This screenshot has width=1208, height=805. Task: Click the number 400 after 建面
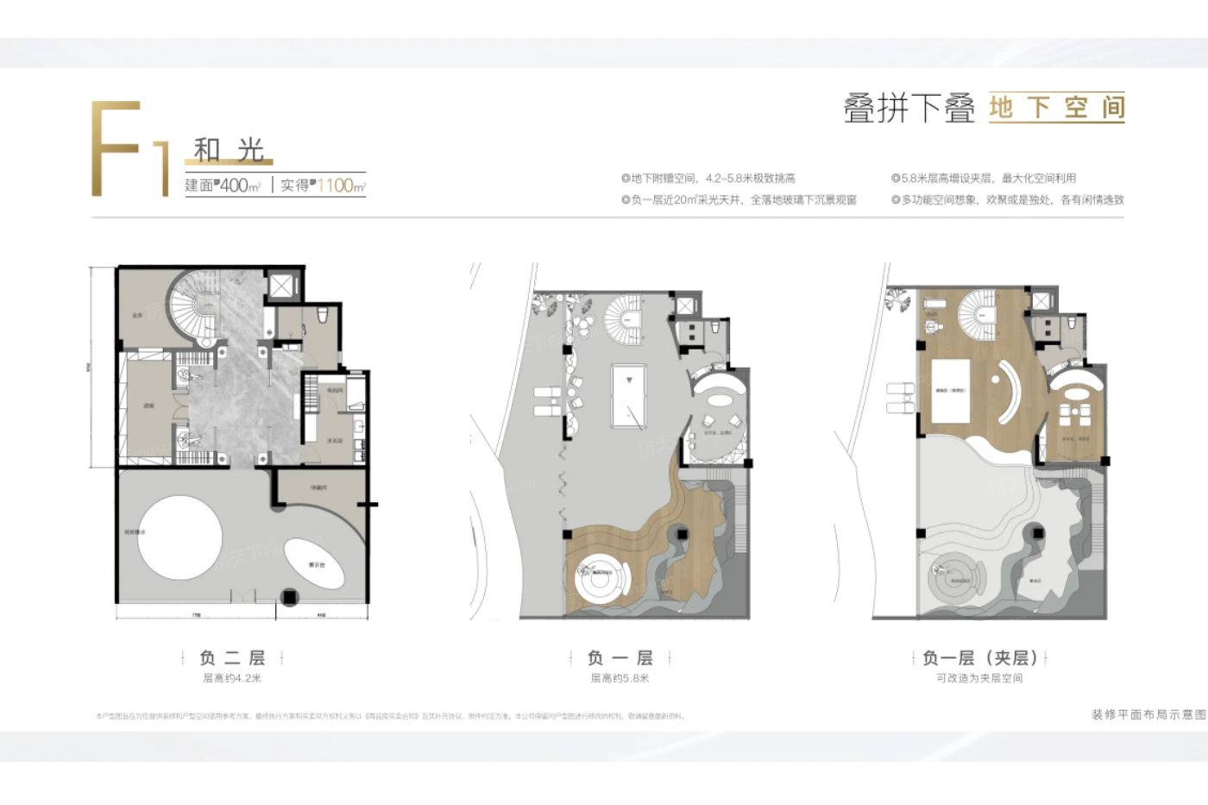(235, 186)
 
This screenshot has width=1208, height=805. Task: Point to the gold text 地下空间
(1056, 108)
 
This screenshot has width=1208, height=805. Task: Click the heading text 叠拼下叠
(909, 109)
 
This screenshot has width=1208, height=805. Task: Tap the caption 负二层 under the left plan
(232, 657)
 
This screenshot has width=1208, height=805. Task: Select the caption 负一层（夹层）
(979, 657)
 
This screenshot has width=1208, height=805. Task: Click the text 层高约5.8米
(620, 678)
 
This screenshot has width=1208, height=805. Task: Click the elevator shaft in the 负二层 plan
(281, 286)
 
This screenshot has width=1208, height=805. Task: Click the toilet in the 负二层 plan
(322, 316)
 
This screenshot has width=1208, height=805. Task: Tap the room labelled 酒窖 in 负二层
(148, 406)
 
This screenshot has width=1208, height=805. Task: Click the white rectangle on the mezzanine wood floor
(950, 391)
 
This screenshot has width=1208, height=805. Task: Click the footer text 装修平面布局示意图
(1148, 715)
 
